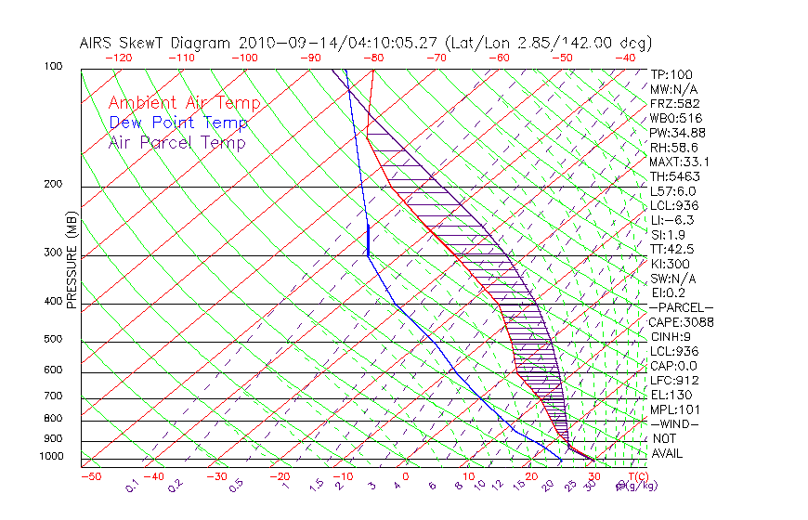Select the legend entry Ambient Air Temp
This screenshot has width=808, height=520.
[185, 103]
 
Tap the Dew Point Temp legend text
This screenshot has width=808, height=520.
[178, 123]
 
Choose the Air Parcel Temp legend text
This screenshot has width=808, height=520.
[177, 142]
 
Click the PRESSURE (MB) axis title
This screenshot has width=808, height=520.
[72, 260]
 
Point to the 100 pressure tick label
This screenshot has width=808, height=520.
[54, 67]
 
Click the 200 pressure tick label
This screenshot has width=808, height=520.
[54, 184]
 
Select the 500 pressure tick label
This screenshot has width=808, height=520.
[54, 339]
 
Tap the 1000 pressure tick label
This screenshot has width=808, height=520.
[51, 456]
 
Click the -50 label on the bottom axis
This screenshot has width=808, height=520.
[90, 476]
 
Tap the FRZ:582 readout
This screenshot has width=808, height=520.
[675, 103]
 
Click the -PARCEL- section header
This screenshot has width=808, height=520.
[682, 307]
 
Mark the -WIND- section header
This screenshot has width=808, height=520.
[675, 424]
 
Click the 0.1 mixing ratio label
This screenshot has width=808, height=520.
[133, 484]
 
